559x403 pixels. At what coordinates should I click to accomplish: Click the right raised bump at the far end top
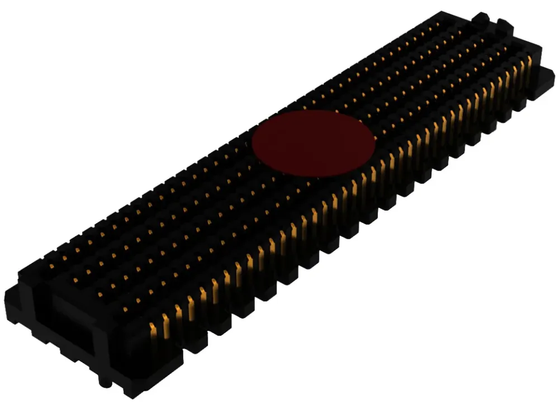pos(504,25)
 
